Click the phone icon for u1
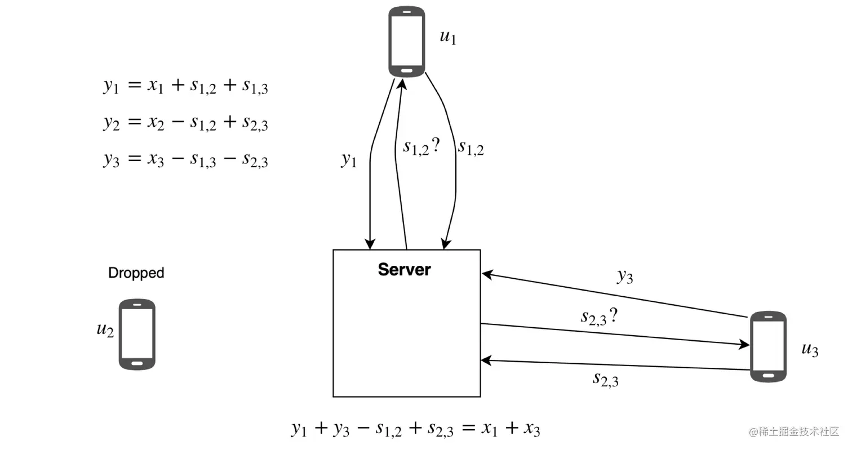click(x=406, y=41)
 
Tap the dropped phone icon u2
click(x=137, y=334)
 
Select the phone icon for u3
click(x=768, y=346)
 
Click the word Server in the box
click(x=404, y=270)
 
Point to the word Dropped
click(x=136, y=273)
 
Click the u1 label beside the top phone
click(x=447, y=38)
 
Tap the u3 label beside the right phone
click(x=810, y=350)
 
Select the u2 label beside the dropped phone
click(x=105, y=330)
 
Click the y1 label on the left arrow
click(x=349, y=160)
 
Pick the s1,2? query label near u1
click(x=420, y=148)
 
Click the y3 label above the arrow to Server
click(x=624, y=276)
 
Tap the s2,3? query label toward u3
click(x=600, y=317)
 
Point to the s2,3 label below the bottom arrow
click(x=605, y=379)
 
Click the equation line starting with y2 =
click(x=185, y=123)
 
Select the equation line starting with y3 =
click(x=185, y=160)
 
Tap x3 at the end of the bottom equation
click(x=531, y=429)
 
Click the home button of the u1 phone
click(x=406, y=70)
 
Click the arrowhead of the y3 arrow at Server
click(x=485, y=274)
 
